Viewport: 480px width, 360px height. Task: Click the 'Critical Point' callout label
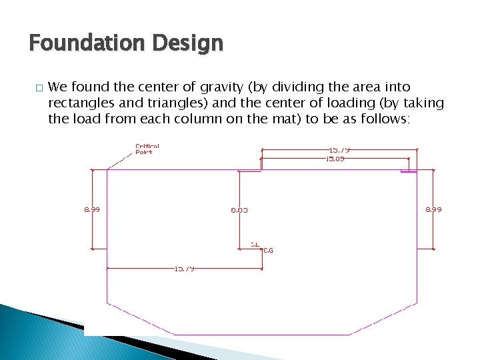147,149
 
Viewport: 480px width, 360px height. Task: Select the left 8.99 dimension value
92,209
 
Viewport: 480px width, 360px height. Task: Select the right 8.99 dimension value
433,209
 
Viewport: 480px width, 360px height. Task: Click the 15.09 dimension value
335,159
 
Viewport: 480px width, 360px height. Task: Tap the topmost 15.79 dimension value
339,150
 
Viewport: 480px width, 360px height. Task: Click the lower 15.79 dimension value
184,269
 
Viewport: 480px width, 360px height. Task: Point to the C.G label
267,251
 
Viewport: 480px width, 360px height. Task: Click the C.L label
255,244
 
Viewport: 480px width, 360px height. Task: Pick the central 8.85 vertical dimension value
239,209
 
